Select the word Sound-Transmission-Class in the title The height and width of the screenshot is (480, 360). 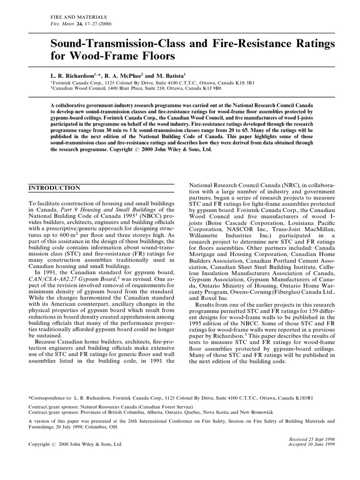pos(113,44)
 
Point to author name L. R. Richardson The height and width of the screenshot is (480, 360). pos(75,75)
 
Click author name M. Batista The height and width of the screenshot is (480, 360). pos(171,75)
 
